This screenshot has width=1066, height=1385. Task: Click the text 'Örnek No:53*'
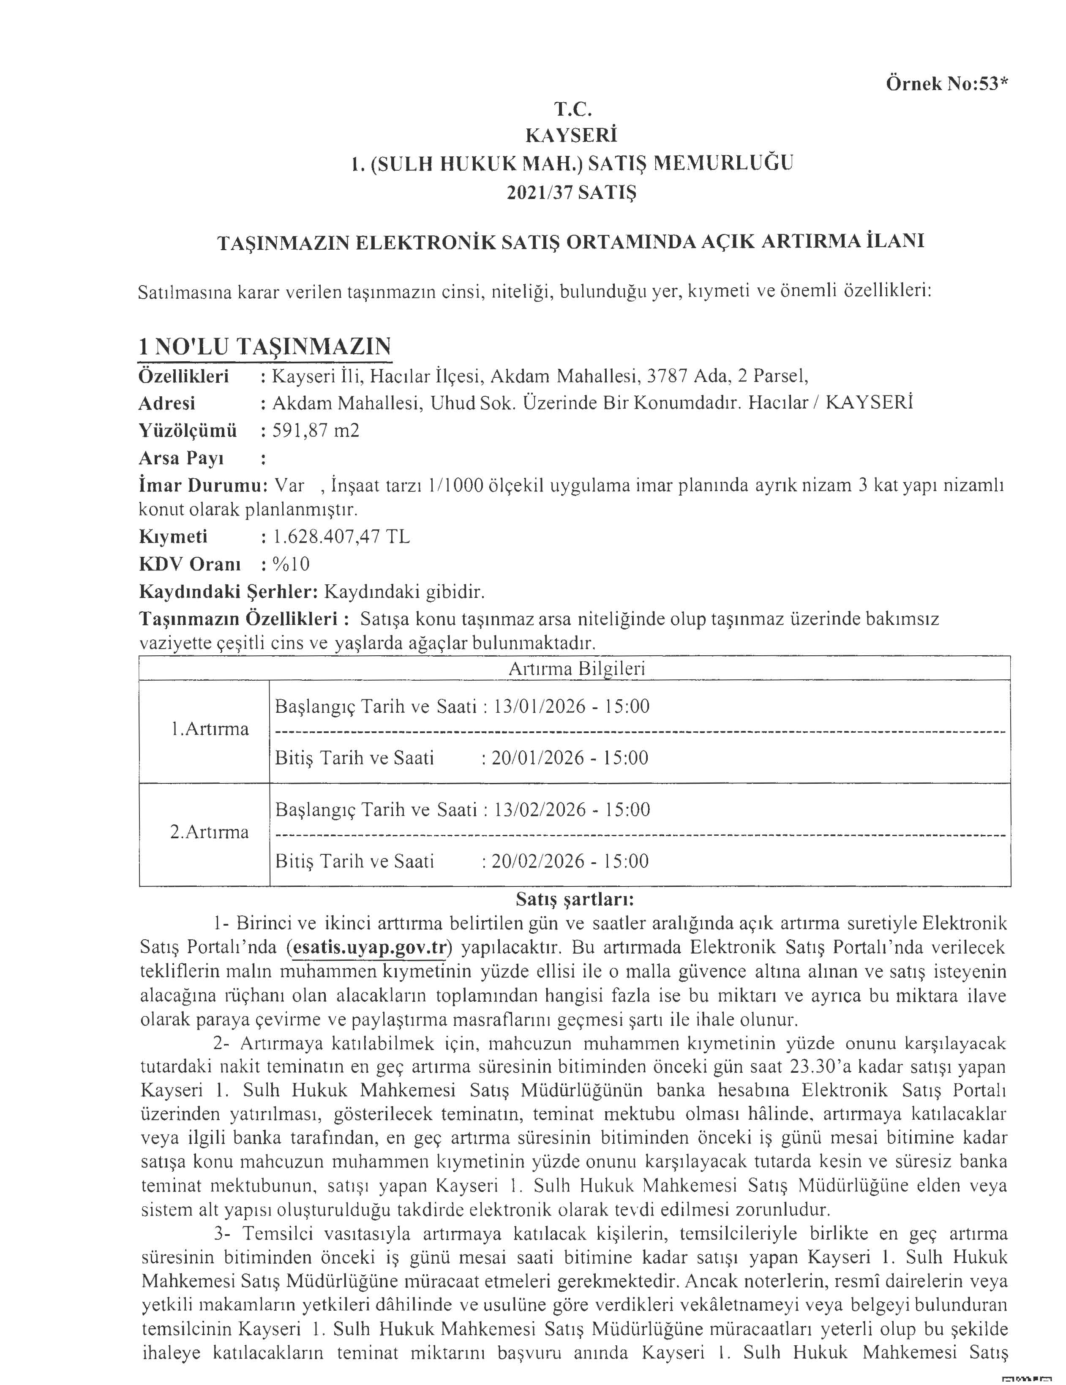945,84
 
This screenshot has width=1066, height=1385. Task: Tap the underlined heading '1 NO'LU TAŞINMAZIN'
264,346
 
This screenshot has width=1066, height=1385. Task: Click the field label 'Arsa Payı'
181,458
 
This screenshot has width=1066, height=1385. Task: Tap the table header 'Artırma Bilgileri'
576,668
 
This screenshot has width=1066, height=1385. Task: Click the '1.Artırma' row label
209,729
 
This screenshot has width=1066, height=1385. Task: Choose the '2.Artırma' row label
209,832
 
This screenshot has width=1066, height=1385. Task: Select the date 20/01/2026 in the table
538,758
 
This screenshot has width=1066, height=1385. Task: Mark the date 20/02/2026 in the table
538,861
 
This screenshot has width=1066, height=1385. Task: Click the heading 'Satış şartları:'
575,899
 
